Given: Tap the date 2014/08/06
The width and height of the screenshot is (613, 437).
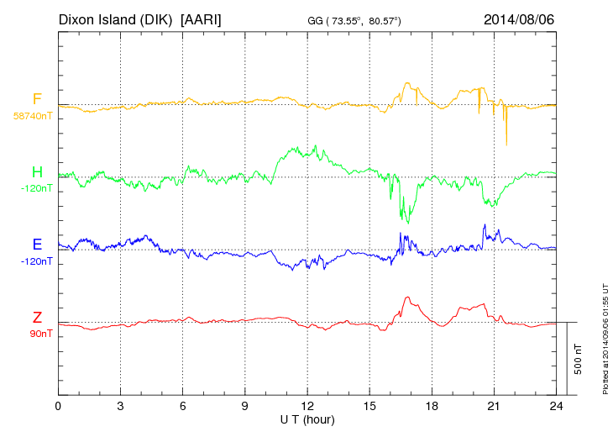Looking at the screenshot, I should coord(519,18).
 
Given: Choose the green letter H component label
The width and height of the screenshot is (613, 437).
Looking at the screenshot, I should coord(37,172).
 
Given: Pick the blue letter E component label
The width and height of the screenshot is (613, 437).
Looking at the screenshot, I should coord(37,245).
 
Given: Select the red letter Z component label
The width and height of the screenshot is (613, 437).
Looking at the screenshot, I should coord(37,318).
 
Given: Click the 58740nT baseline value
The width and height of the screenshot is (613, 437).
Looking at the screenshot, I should coord(33,116).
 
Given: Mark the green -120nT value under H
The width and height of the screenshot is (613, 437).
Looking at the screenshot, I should coord(36,188).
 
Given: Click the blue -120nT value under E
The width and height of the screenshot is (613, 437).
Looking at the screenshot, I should coord(36,261).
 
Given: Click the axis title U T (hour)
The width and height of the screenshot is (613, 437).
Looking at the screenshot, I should coord(307,419).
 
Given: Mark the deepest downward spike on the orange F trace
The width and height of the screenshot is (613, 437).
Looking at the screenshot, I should coord(506,144).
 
